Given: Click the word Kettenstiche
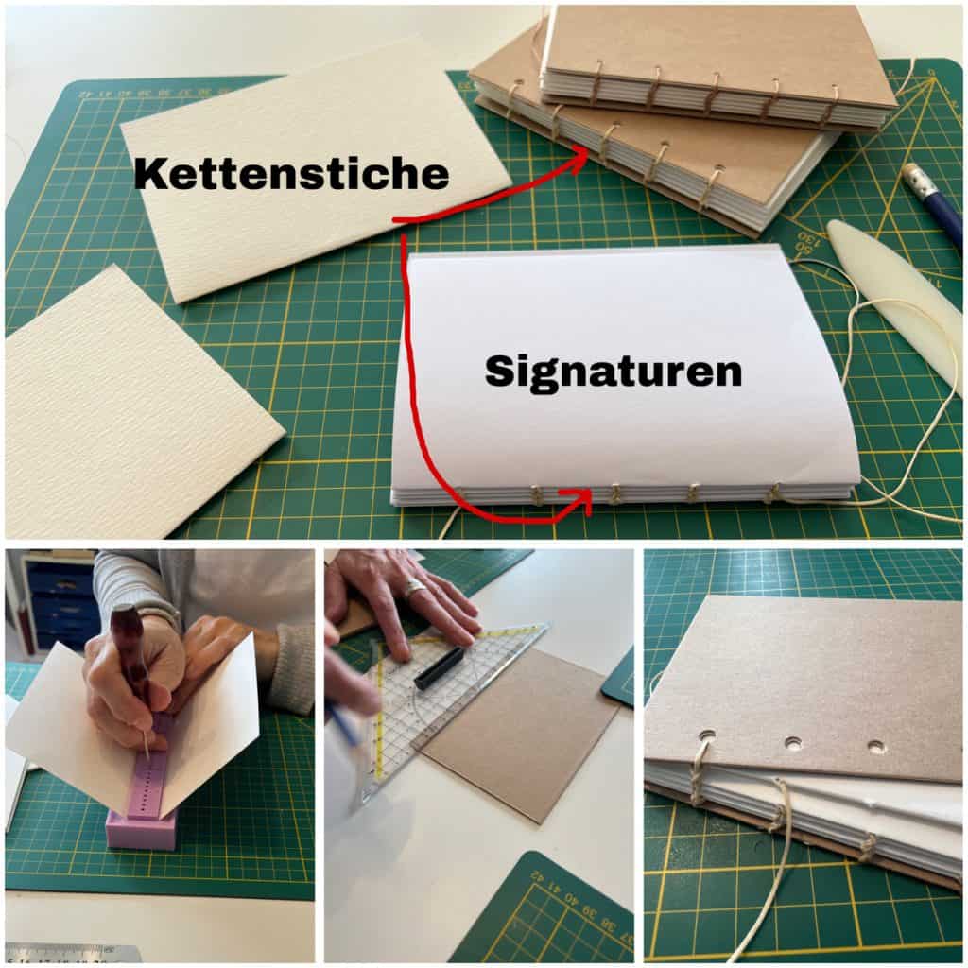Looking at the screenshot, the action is tap(291, 173).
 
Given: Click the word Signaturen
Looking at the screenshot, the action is tap(613, 371).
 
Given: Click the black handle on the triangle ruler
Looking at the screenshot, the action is tap(439, 666).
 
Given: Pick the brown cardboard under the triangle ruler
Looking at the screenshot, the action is tap(525, 735).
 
